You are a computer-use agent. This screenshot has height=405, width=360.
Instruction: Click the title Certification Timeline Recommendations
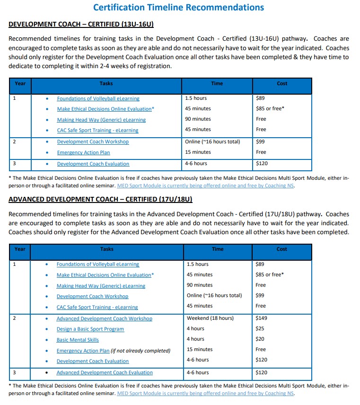pyautogui.click(x=178, y=7)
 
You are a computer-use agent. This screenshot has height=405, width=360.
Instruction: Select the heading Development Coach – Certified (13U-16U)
pyautogui.click(x=81, y=24)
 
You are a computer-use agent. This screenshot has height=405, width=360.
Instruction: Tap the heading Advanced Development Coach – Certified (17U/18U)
pyautogui.click(x=100, y=199)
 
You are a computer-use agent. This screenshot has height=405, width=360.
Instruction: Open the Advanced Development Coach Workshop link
pyautogui.click(x=104, y=318)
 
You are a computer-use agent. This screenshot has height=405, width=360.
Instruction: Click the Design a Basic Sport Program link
pyautogui.click(x=90, y=329)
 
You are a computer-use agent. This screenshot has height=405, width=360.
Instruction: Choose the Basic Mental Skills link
pyautogui.click(x=78, y=340)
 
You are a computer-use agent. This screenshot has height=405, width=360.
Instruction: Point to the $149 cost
pyautogui.click(x=261, y=318)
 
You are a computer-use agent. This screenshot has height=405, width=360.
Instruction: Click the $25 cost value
pyautogui.click(x=260, y=328)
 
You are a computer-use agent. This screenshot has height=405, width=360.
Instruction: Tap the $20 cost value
pyautogui.click(x=260, y=339)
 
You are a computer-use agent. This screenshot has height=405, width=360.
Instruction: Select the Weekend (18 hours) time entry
pyautogui.click(x=210, y=318)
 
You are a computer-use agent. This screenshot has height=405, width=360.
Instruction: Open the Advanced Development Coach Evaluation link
pyautogui.click(x=105, y=372)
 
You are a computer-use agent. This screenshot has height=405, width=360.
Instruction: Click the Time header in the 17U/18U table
pyautogui.click(x=217, y=249)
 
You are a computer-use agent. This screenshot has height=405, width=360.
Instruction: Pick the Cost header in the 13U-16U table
pyautogui.click(x=282, y=83)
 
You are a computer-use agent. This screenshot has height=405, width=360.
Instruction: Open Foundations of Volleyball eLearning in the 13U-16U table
pyautogui.click(x=98, y=98)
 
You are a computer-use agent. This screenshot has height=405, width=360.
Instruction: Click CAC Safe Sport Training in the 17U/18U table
pyautogui.click(x=97, y=307)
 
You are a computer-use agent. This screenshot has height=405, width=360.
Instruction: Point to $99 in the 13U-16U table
pyautogui.click(x=260, y=141)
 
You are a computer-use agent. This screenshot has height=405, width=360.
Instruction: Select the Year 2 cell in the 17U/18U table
pyautogui.click(x=14, y=318)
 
